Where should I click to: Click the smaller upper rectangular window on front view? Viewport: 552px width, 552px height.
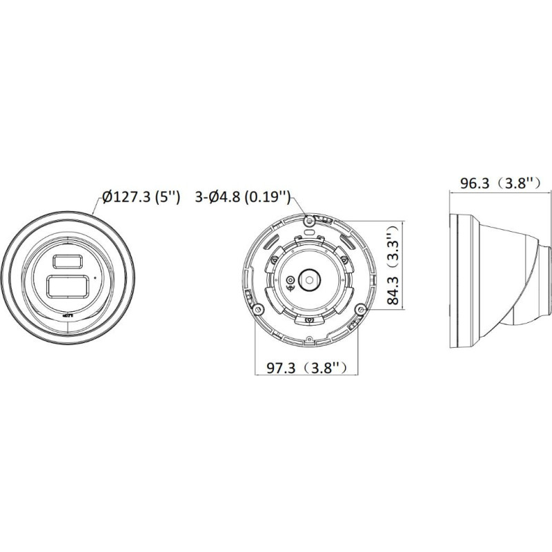(x=66, y=260)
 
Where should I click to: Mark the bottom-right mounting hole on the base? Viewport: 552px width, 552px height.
(x=359, y=308)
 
